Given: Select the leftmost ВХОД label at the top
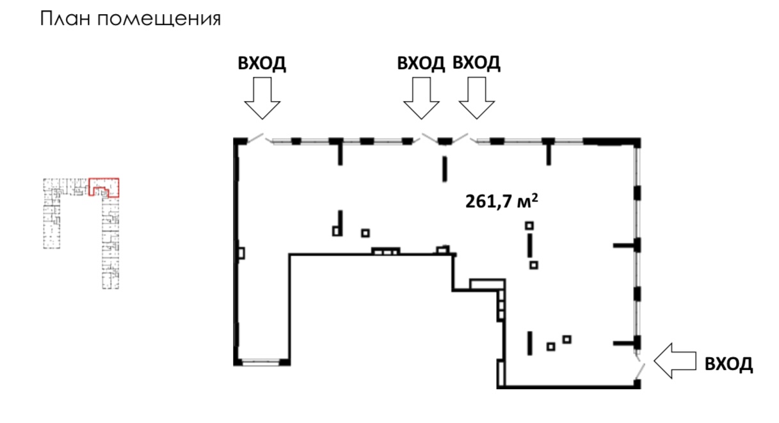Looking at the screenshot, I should [x=262, y=63].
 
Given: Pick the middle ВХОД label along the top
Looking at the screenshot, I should [x=421, y=63].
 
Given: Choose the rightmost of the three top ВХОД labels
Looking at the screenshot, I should [x=476, y=63].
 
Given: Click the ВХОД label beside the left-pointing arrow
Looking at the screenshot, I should [x=728, y=365].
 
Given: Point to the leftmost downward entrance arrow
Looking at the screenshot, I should [x=263, y=97].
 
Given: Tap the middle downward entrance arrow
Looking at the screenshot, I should [x=421, y=97].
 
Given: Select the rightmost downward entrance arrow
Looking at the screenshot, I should [x=476, y=97].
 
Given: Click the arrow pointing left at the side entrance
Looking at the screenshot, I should [x=675, y=360].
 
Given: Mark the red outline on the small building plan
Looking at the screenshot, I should [x=104, y=186].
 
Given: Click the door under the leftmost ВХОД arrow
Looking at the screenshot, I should [x=256, y=138].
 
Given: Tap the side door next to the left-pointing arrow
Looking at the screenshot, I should [x=639, y=368].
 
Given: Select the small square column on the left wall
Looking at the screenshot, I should [x=241, y=253].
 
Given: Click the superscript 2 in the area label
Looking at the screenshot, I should [x=533, y=198].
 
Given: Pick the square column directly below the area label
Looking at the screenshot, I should [x=529, y=225].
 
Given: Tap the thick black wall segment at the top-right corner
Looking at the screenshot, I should [x=611, y=141].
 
